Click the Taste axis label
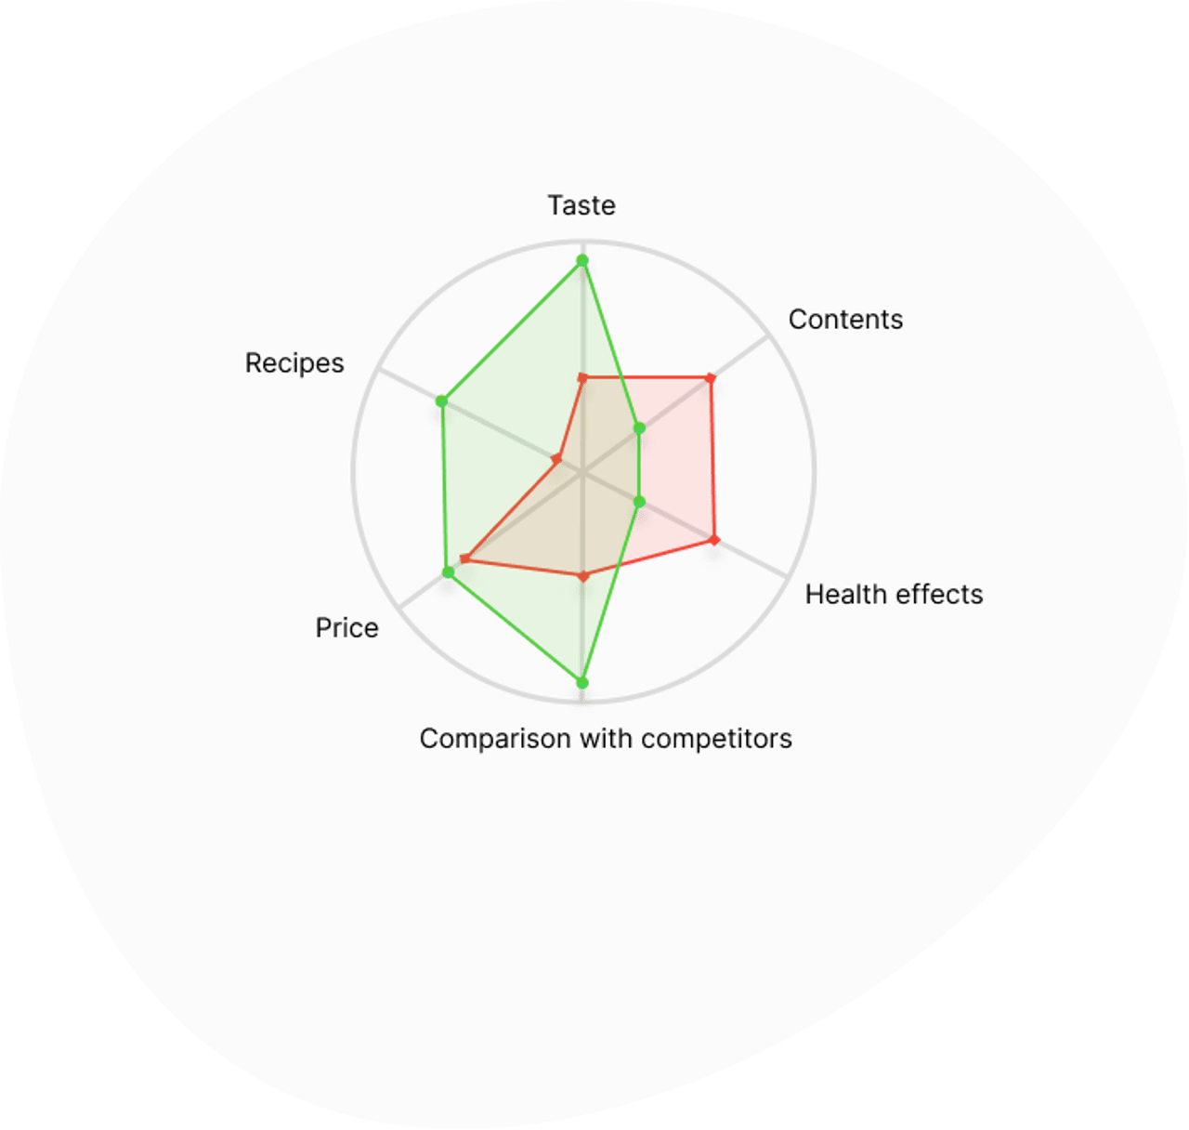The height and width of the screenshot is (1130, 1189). pos(581,205)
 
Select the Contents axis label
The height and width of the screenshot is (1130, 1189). pos(845,319)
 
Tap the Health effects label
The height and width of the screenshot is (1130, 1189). pos(894,595)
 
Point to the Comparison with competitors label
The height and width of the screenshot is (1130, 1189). pos(606,739)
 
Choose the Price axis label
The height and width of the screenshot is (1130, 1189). pos(346,627)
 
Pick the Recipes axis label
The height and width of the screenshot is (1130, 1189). pos(294,363)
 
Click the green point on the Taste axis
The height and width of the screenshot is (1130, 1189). pos(581,261)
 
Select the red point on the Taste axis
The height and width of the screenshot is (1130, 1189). pos(582,378)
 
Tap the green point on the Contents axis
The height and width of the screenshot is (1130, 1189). pos(639,428)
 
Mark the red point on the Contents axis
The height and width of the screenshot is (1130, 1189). pos(711,379)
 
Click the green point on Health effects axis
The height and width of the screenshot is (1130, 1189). pos(639,502)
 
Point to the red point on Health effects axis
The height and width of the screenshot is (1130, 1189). pos(714,539)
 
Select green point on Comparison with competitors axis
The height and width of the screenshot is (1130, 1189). pos(581,683)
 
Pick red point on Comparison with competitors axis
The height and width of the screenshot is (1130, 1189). pos(582,577)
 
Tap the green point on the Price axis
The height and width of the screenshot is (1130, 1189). pos(448,572)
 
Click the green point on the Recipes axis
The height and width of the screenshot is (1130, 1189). pos(441,401)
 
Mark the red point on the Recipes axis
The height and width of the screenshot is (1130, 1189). pos(556,459)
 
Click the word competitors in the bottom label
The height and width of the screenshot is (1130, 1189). pos(716,739)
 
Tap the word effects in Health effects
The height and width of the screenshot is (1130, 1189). pos(939,595)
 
